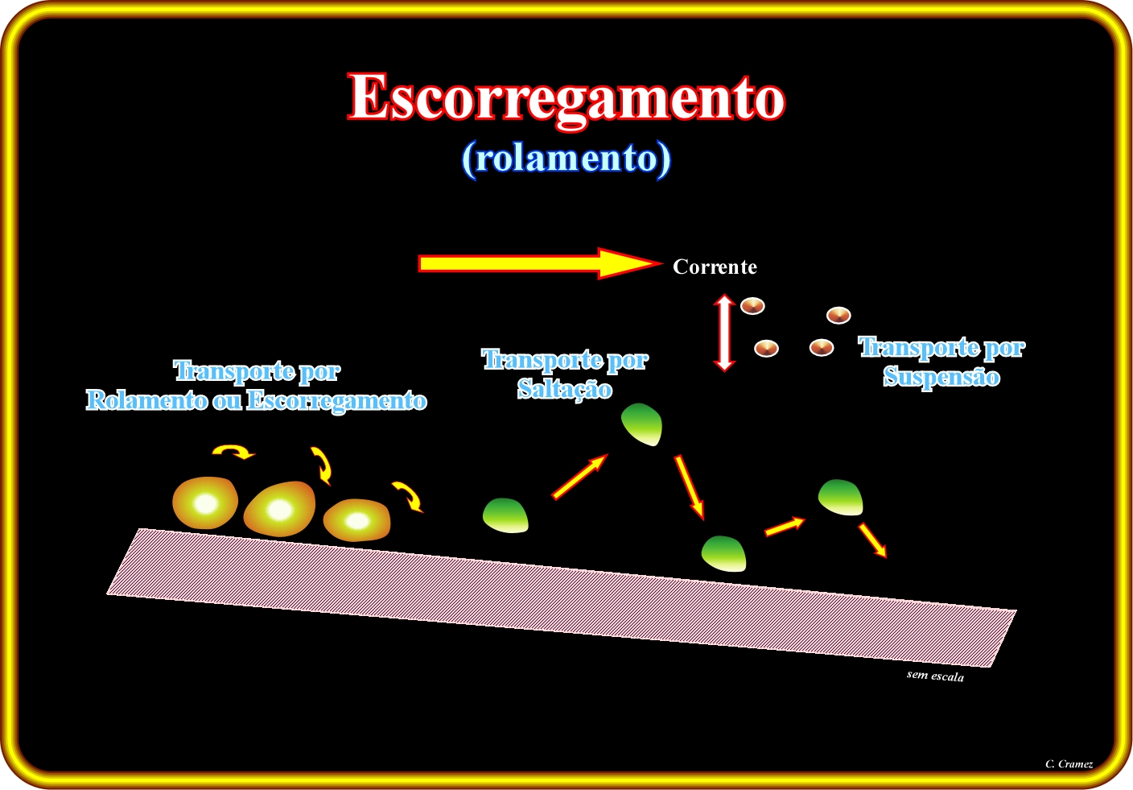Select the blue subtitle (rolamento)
coord(566,159)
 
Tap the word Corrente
coord(715,267)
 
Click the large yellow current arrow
coord(540,263)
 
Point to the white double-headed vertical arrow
coord(723,333)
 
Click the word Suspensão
coord(941,378)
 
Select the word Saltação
coord(564,390)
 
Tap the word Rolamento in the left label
coord(146,400)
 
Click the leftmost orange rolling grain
coord(205,503)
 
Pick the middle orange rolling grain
coord(279,509)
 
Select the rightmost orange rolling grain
coord(356,520)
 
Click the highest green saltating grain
coord(641,424)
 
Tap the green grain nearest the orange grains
coord(506,515)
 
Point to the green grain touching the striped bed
coord(723,554)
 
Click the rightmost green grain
coord(841,498)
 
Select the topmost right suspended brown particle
coord(838,316)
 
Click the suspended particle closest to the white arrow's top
coord(752,306)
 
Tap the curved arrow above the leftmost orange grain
coord(233,452)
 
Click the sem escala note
coord(935,676)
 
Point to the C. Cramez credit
coord(1069,764)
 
